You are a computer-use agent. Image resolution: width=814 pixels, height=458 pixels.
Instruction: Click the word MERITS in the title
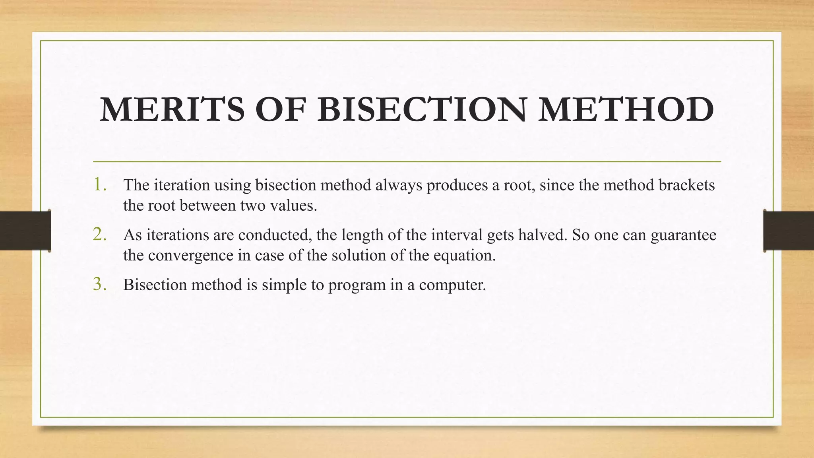(172, 109)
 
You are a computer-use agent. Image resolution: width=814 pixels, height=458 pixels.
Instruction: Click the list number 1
(100, 184)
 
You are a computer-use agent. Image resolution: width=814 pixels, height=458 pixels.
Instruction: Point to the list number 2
(100, 235)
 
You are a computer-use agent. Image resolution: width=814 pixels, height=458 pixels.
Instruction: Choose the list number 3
(100, 285)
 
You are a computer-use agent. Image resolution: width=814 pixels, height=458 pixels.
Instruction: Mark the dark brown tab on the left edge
(25, 231)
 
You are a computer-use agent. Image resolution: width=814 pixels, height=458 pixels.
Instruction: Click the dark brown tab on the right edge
(789, 231)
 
